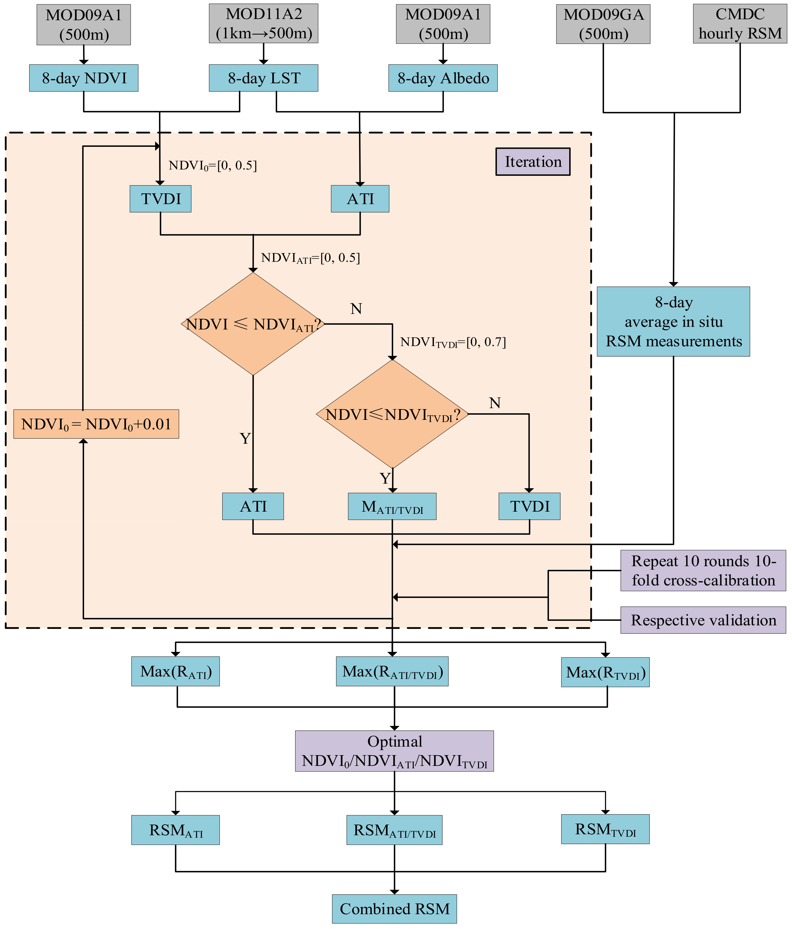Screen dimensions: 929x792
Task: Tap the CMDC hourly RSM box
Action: click(x=740, y=24)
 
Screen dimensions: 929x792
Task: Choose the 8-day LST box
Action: click(x=264, y=78)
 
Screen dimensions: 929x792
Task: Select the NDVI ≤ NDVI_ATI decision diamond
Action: click(x=253, y=324)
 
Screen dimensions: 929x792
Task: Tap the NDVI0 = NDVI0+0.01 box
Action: click(x=96, y=424)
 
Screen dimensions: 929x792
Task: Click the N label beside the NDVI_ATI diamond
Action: click(x=356, y=309)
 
